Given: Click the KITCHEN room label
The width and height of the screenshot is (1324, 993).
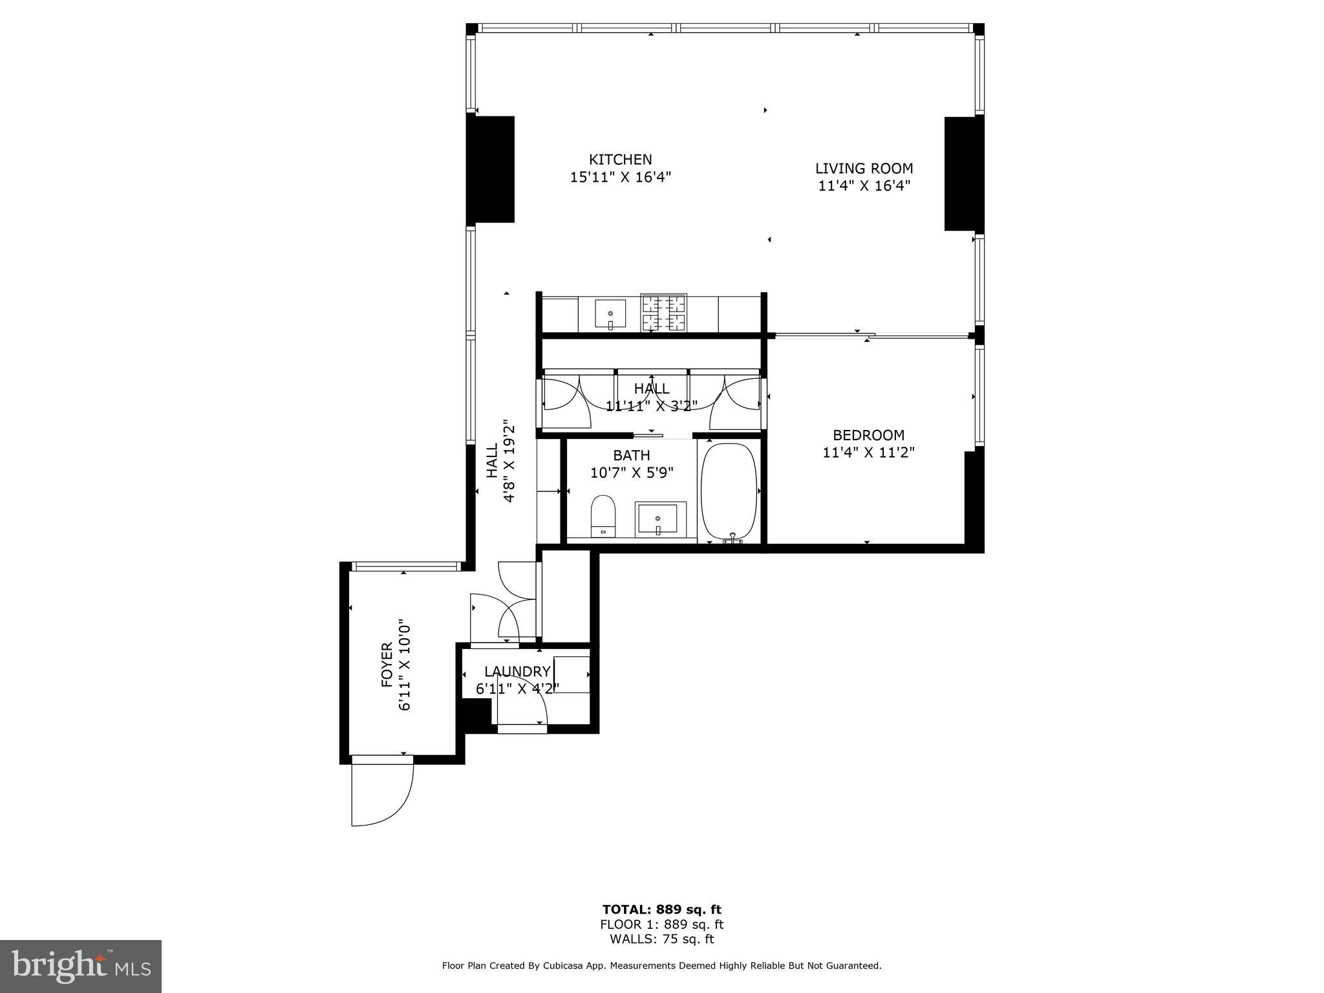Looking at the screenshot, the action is point(620,159).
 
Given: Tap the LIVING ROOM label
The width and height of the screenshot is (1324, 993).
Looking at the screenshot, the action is point(864,169).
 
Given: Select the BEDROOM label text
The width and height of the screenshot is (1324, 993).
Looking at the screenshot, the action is point(868,435).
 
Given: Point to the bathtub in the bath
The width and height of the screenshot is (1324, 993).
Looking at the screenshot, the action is point(729,491).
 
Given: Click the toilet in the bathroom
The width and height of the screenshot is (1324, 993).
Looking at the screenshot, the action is point(603,516).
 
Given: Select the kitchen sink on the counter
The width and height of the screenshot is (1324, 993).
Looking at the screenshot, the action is point(610,314).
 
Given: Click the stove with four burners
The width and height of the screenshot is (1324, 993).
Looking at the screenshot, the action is point(663,314).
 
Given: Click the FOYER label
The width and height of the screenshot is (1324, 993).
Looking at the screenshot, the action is point(387,665).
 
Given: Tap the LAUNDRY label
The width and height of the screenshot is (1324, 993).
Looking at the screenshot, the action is point(517,672).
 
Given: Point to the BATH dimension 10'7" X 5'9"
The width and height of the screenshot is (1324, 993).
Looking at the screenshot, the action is point(632,473).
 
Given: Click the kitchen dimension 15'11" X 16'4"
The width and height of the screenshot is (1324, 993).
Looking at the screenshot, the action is point(620,177).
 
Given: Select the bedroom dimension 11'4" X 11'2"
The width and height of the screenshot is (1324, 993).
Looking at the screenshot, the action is point(868,453).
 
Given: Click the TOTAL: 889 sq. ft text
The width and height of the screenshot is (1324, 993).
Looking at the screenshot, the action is point(662,910).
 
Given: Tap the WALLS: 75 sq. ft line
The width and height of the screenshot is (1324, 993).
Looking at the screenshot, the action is point(662,939).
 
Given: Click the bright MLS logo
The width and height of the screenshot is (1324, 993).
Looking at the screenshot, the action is point(81,966).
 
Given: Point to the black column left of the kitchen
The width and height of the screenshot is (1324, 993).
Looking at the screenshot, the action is point(490,169).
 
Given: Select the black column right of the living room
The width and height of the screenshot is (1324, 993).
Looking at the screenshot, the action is point(964,173).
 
